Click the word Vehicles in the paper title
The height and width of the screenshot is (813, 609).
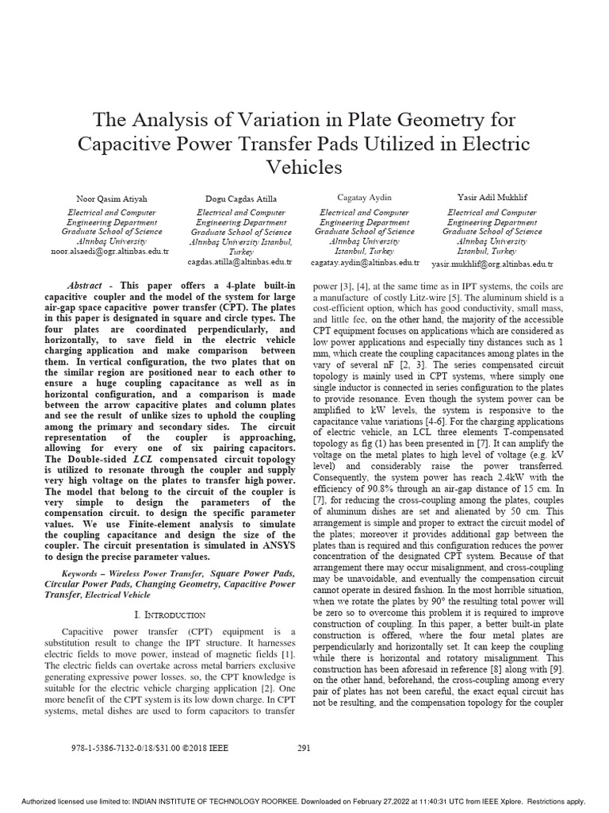pos(304,168)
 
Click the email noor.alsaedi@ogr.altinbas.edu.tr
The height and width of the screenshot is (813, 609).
pos(105,250)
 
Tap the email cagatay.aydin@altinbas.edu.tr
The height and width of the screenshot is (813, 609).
pos(364,261)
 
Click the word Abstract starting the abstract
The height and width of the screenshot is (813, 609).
pos(86,284)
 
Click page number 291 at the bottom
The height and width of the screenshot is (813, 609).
pos(304,747)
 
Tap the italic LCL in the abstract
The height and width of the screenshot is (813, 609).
pos(143,458)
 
